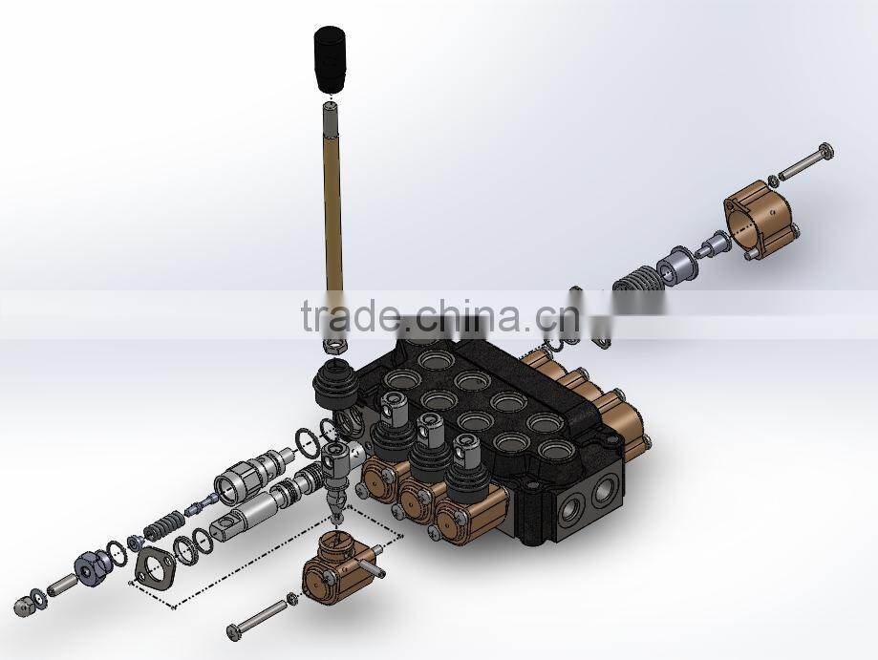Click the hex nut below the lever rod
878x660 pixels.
(337, 341)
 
